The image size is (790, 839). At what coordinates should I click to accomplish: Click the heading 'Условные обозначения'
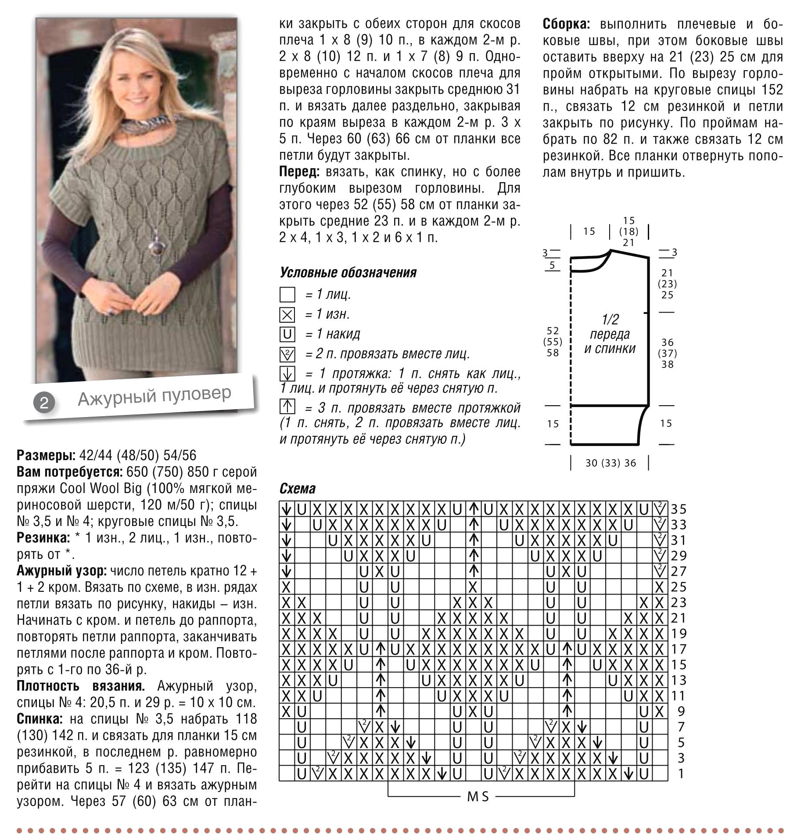coord(348,273)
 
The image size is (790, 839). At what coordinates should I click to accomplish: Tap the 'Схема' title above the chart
coord(297,489)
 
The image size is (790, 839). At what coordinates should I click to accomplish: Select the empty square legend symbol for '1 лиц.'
coord(287,295)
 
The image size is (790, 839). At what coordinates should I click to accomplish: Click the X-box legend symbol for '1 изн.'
coord(287,315)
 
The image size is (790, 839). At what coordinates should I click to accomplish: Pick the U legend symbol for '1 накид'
coord(287,335)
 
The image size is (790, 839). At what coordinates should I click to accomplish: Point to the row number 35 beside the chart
coord(679,509)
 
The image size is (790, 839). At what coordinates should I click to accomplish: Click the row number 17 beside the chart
coord(679,649)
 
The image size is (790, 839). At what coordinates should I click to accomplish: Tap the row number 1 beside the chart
coord(681,774)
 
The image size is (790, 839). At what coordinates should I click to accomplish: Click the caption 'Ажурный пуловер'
coord(154,396)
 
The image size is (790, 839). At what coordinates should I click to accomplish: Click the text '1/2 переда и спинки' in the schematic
coord(610,334)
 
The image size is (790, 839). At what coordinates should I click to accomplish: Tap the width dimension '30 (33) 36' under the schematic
coord(610,463)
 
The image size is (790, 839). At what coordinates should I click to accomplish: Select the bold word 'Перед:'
coord(298,172)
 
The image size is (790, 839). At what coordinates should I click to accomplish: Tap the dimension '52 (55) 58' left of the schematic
coord(553,342)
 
